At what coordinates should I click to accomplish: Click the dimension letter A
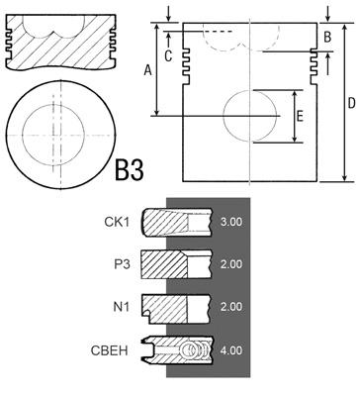click(148, 70)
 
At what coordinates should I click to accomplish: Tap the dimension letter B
click(327, 37)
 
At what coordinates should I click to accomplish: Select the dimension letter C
click(168, 56)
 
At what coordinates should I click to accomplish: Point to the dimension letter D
click(352, 103)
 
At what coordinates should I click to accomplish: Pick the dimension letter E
click(300, 117)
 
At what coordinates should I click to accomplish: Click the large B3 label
click(130, 169)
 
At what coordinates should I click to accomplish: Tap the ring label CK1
click(116, 222)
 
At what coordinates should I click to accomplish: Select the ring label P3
click(122, 264)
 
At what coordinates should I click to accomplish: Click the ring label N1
click(122, 307)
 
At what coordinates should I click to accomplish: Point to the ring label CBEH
click(109, 350)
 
